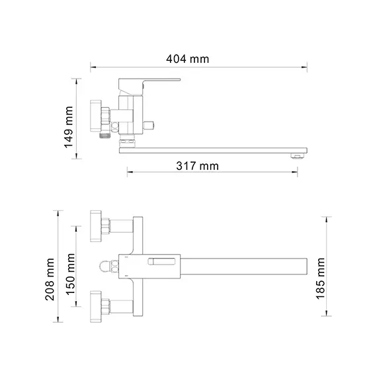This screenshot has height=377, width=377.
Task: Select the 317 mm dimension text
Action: [x=197, y=166]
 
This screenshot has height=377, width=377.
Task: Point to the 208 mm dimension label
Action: [x=50, y=278]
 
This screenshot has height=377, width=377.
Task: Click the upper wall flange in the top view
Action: [x=98, y=225]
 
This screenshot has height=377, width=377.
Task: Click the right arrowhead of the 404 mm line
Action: [x=305, y=67]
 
